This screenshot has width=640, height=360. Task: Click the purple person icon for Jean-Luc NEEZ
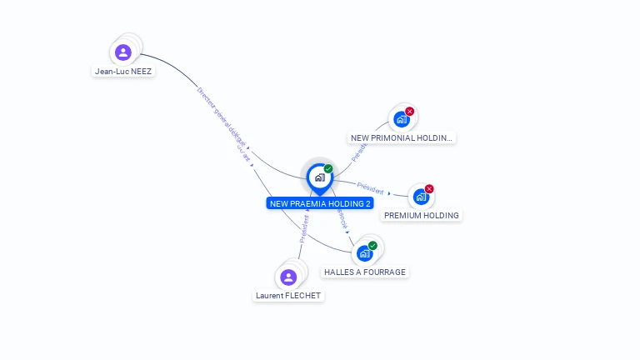coord(123,52)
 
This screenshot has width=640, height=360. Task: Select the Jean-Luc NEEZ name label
coord(124,72)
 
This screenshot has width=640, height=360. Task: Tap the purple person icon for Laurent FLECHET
coord(288,277)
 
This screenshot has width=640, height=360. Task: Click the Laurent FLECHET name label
coord(288,296)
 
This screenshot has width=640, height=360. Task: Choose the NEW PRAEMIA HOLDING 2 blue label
coord(320,203)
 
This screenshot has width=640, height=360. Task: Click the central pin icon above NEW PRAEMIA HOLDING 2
coord(319,177)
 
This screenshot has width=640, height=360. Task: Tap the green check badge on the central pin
coord(328,169)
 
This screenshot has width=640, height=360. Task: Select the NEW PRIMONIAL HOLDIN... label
coord(402,138)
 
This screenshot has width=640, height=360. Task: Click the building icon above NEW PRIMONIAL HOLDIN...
coord(402,119)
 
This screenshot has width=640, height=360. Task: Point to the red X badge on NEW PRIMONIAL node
coord(410,111)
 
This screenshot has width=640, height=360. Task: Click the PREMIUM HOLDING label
coord(421,216)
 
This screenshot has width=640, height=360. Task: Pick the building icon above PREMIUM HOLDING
coord(421,197)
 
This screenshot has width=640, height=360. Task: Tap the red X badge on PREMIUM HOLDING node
coord(429,189)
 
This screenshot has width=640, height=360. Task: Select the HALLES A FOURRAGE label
coord(365,272)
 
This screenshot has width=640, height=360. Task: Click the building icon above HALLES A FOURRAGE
coord(364,253)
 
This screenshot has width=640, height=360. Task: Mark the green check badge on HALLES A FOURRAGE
coord(372,245)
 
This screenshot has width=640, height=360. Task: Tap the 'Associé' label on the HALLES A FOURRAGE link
coord(342,218)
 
